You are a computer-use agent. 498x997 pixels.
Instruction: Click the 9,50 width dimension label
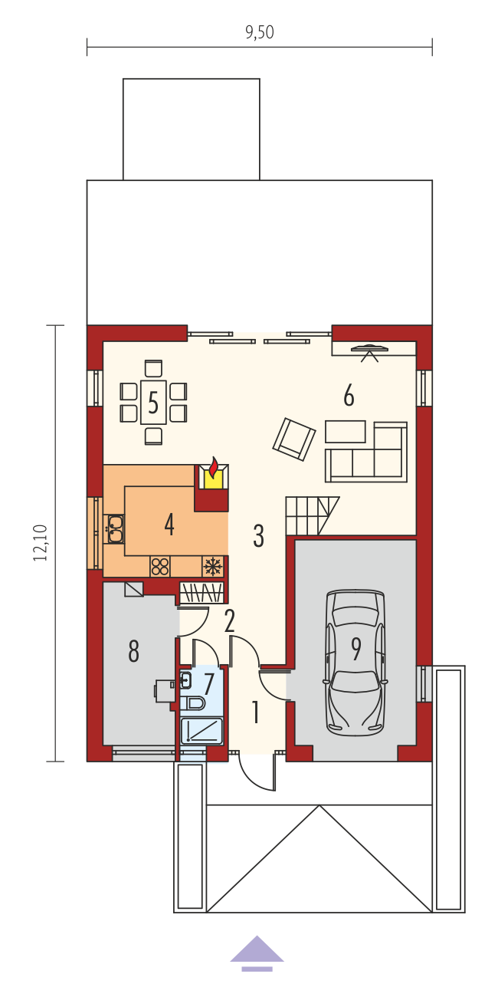[260, 32]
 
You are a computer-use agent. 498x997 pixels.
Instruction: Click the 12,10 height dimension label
[40, 542]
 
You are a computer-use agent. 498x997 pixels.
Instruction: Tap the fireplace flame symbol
[214, 466]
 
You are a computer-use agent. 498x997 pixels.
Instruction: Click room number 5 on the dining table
[153, 402]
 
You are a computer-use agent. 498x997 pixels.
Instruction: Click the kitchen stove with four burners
[160, 566]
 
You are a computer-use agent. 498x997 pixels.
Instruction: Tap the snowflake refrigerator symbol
[213, 566]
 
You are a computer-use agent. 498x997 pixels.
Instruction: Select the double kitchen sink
[114, 528]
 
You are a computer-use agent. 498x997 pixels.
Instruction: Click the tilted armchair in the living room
[294, 439]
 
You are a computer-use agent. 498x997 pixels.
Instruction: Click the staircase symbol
[312, 516]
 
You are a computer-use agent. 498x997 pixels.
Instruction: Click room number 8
[133, 650]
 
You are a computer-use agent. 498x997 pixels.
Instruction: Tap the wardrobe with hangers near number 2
[201, 593]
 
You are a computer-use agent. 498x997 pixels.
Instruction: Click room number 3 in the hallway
[258, 535]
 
